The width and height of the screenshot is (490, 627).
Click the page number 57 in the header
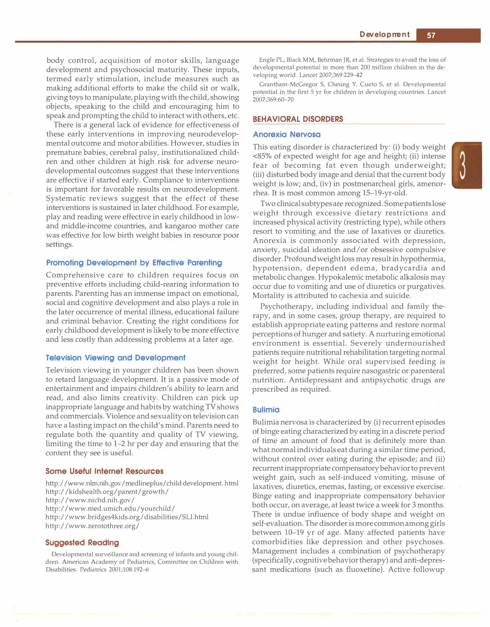[x=431, y=36]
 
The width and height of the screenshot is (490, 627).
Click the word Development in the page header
[x=384, y=34]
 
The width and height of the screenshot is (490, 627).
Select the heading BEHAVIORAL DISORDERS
[x=298, y=119]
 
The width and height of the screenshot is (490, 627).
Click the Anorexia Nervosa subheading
[x=287, y=134]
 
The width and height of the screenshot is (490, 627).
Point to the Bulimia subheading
[x=266, y=410]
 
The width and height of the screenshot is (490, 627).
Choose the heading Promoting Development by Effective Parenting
[x=134, y=263]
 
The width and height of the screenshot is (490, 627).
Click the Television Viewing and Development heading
[x=116, y=358]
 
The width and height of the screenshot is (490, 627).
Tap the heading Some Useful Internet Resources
[x=104, y=471]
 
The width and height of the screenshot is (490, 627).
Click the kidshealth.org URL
[x=107, y=492]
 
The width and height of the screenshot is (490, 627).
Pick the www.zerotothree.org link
[x=92, y=526]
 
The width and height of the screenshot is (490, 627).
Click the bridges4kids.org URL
[x=127, y=517]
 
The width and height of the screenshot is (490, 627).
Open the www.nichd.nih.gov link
[x=90, y=500]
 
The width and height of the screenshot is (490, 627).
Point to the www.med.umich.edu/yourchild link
[x=110, y=508]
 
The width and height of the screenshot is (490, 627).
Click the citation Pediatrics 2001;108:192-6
[x=114, y=570]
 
